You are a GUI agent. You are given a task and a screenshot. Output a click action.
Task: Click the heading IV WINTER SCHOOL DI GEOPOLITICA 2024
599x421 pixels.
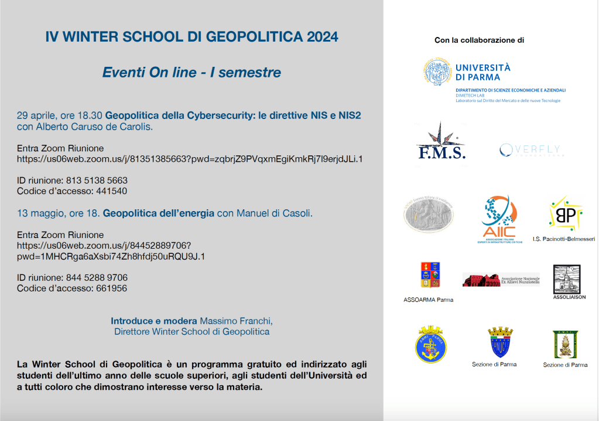(191, 37)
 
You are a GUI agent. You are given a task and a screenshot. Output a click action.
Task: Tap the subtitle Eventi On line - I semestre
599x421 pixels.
(191, 73)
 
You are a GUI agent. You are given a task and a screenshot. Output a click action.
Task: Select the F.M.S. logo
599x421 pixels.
(441, 142)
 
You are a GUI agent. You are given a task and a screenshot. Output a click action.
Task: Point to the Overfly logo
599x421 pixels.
(530, 151)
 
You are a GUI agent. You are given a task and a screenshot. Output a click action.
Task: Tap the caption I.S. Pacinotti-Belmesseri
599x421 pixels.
(564, 239)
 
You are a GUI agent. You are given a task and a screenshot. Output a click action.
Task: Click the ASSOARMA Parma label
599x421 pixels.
(428, 300)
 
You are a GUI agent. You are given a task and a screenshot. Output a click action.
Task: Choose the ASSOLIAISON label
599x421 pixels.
(569, 297)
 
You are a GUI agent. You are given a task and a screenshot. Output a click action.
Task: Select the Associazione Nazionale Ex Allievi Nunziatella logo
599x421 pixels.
(501, 280)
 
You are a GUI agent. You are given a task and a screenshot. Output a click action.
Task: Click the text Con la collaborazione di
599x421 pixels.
(479, 40)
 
